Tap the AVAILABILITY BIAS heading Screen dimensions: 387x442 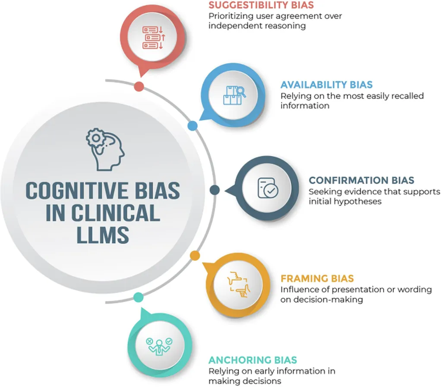326,85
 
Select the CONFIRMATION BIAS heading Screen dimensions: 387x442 362,180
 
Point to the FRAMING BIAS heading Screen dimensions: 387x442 317,278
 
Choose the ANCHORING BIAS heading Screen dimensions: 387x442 253,360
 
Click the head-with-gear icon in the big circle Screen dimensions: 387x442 105,149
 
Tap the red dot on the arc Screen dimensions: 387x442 139,86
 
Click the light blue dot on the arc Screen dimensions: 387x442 193,126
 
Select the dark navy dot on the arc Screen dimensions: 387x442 215,190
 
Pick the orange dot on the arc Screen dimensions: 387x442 195,255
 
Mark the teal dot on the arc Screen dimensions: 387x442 138,297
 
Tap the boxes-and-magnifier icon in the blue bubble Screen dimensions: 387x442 234,95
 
